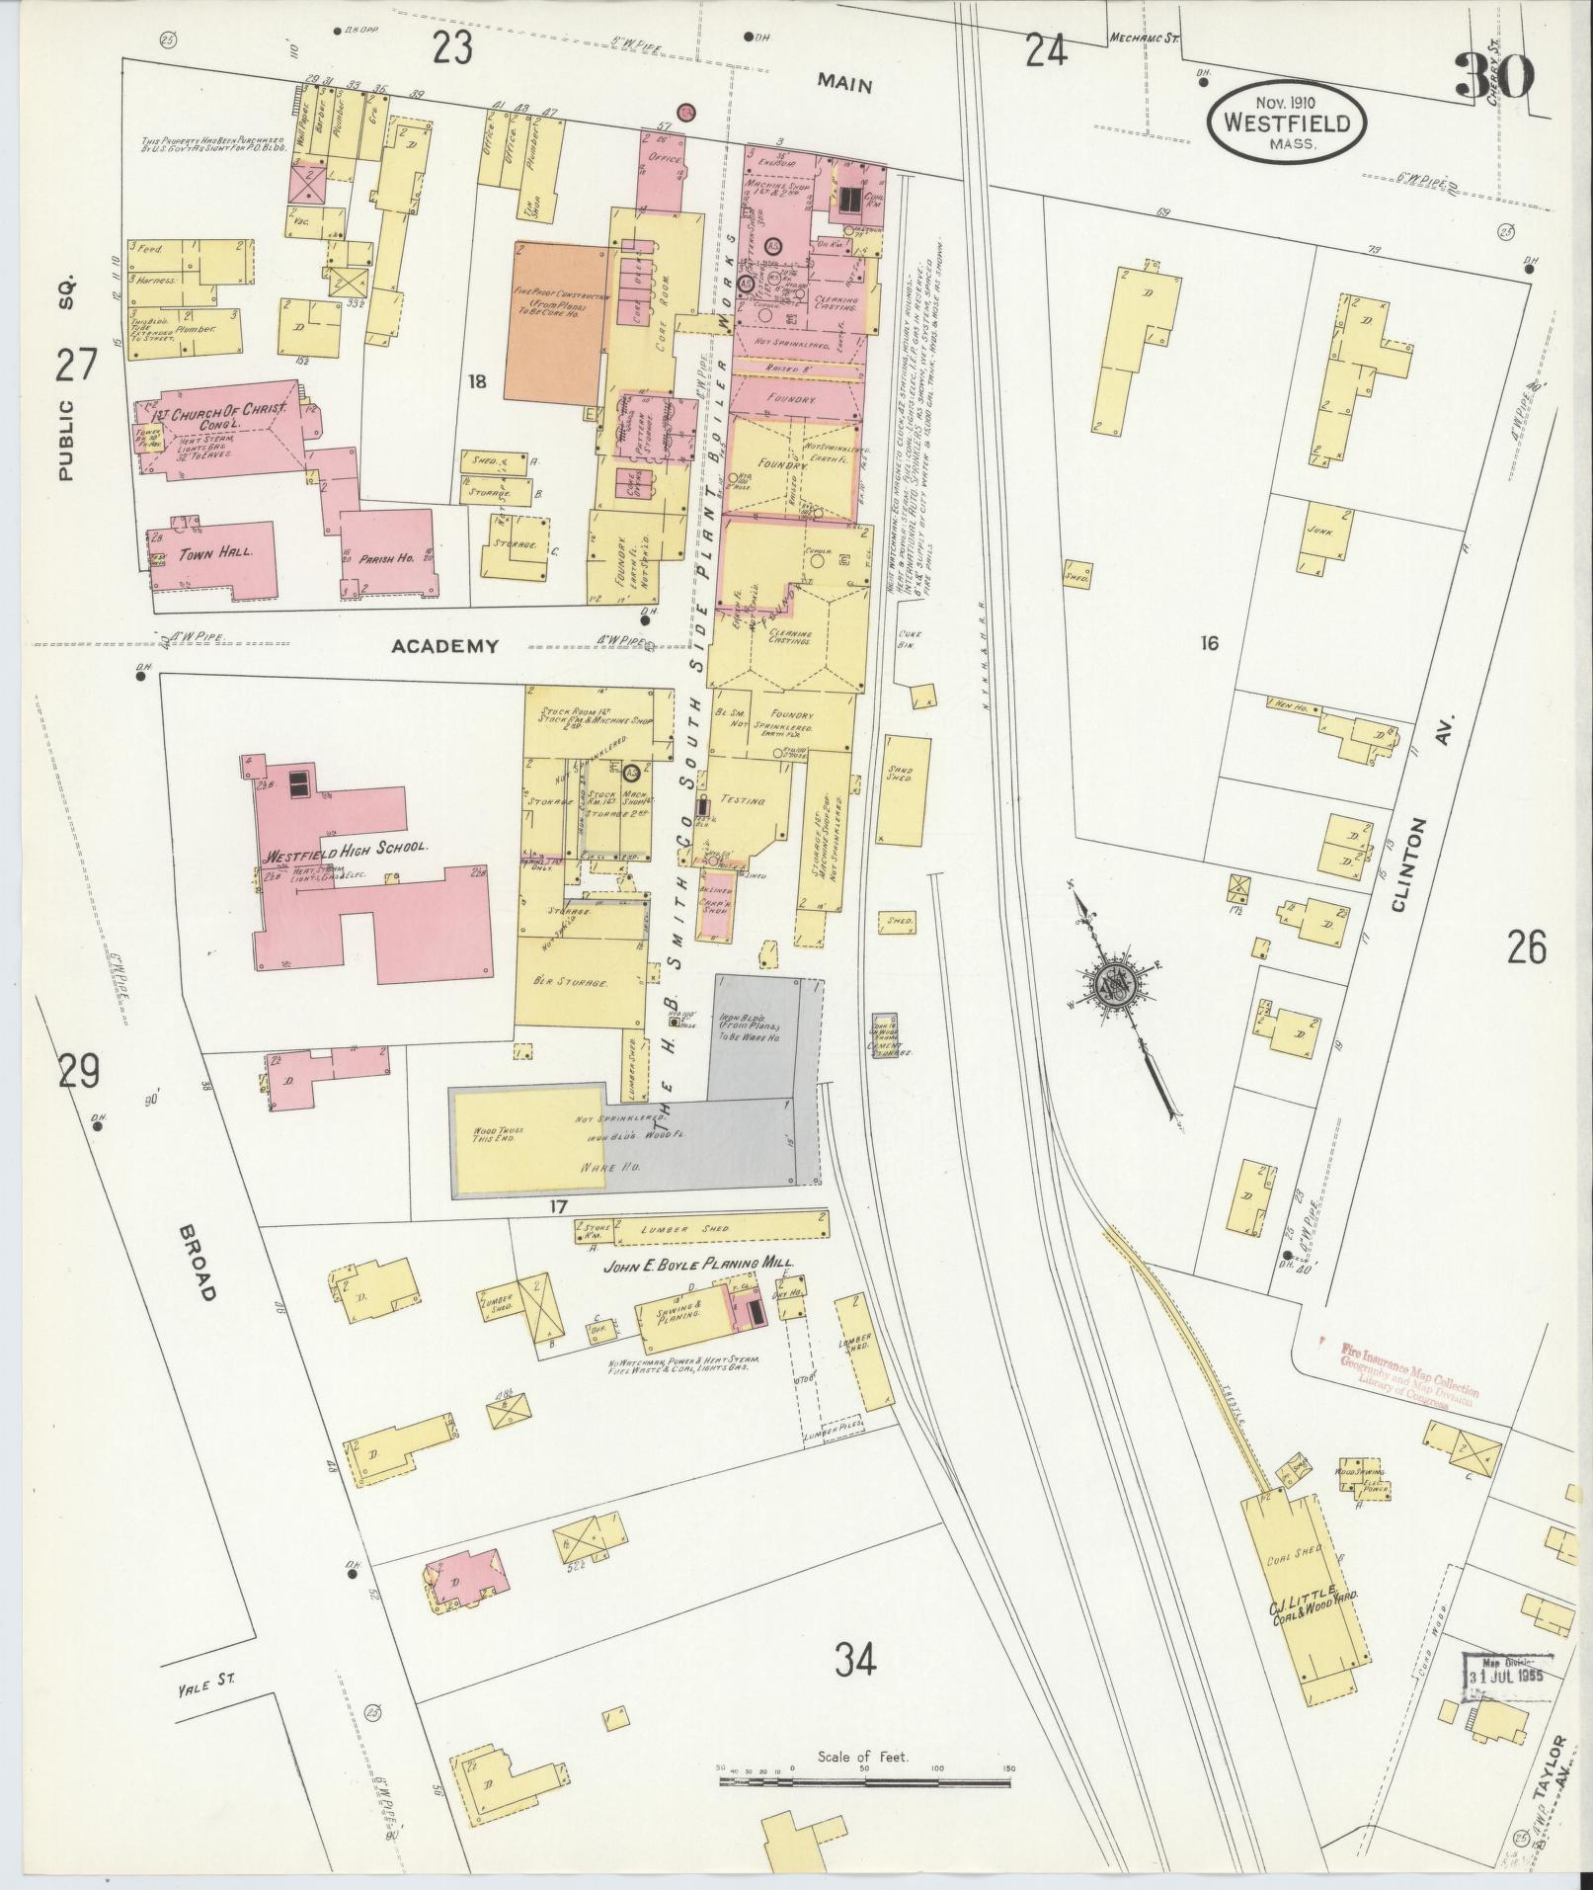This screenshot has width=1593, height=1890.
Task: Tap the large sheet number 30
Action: pos(1495,77)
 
